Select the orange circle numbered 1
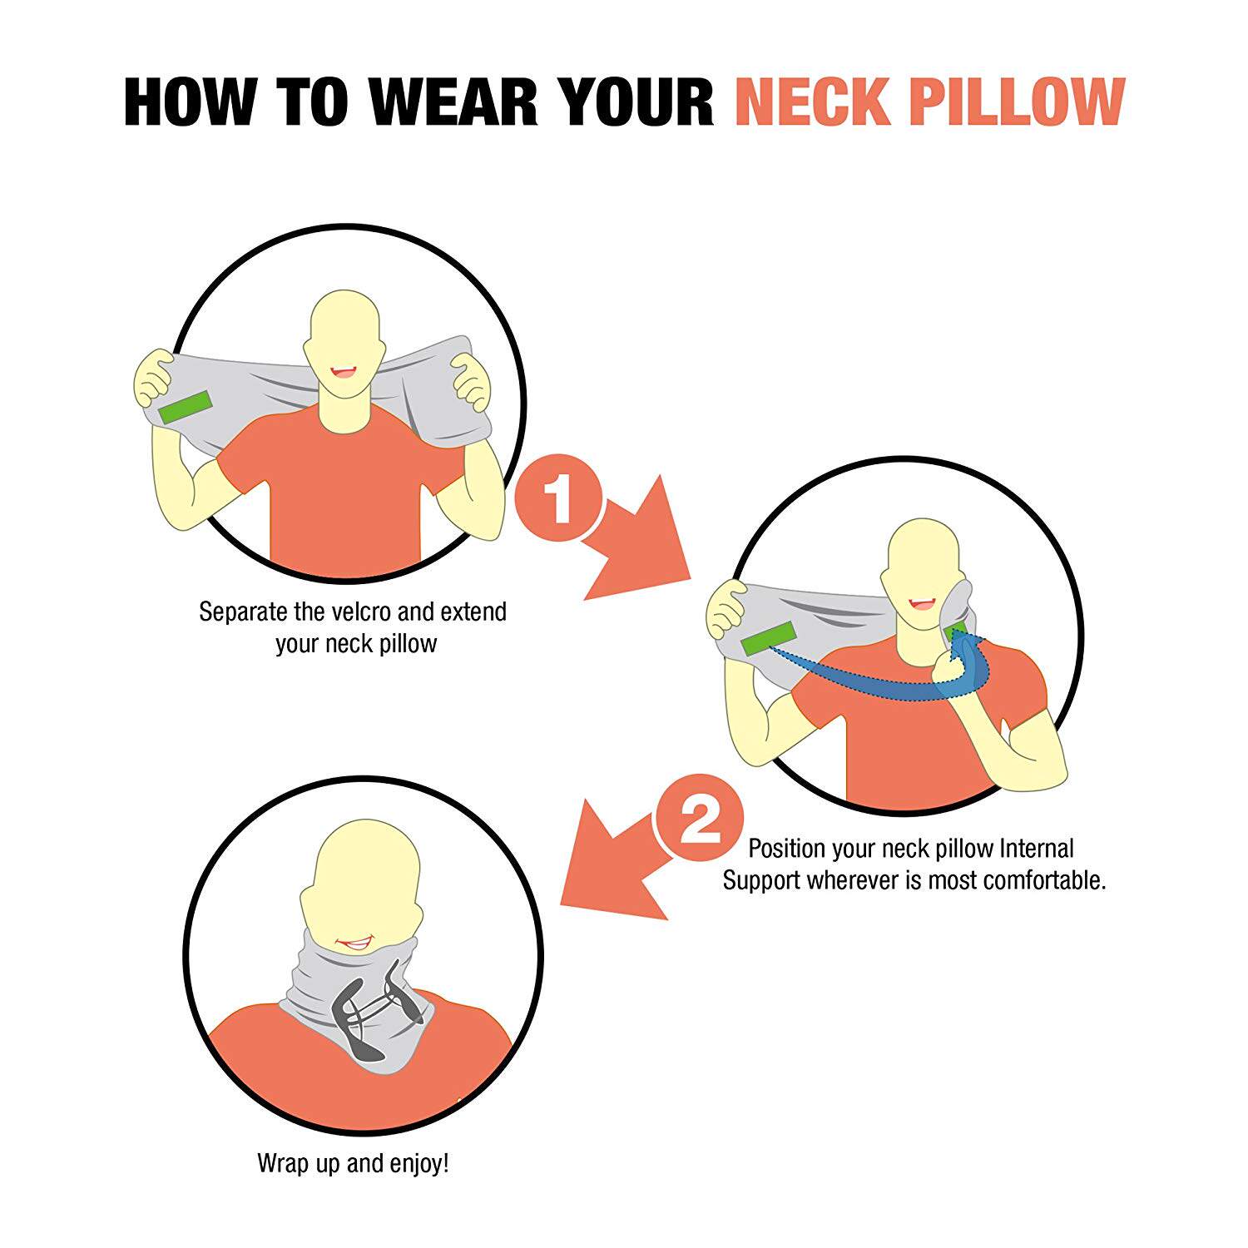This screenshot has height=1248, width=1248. coord(558,501)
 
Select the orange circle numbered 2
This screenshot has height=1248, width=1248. coord(700,817)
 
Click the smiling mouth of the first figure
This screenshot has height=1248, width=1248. coord(343,372)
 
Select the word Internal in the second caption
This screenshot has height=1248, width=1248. coord(1037,849)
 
